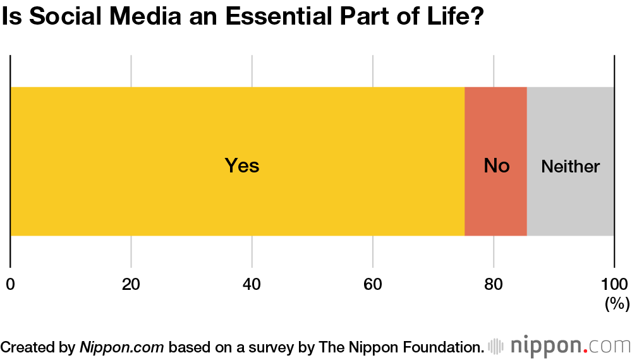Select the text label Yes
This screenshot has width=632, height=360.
point(242,166)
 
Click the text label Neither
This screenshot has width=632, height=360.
point(570,167)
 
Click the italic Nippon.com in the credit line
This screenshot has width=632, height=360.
point(122,346)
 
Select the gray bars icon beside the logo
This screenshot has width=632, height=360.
point(497,346)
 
